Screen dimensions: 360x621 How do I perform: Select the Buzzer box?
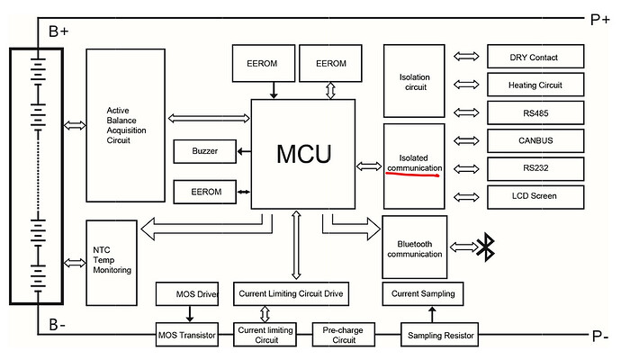pyautogui.click(x=204, y=151)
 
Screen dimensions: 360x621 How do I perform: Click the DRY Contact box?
pyautogui.click(x=533, y=58)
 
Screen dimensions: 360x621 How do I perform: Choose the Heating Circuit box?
pyautogui.click(x=533, y=85)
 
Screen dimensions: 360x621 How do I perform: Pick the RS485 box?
pyautogui.click(x=533, y=113)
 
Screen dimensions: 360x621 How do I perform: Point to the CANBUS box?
pyautogui.click(x=533, y=141)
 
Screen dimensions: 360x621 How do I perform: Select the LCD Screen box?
pyautogui.click(x=533, y=196)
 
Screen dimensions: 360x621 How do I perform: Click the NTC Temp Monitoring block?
pyautogui.click(x=112, y=258)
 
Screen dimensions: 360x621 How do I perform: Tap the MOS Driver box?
pyautogui.click(x=189, y=293)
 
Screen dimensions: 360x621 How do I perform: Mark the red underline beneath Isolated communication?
pyautogui.click(x=412, y=175)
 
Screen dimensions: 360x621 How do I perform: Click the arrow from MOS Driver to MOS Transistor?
pyautogui.click(x=190, y=314)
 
